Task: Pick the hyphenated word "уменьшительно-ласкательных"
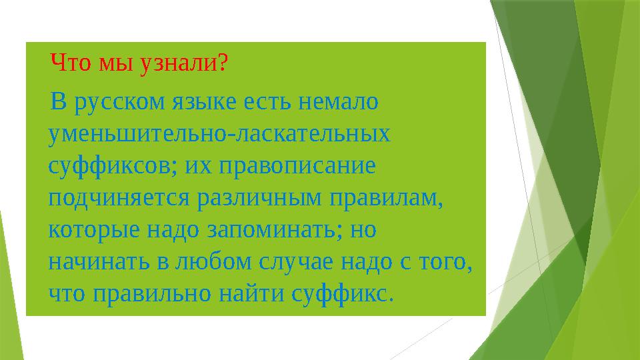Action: (x=220, y=133)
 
